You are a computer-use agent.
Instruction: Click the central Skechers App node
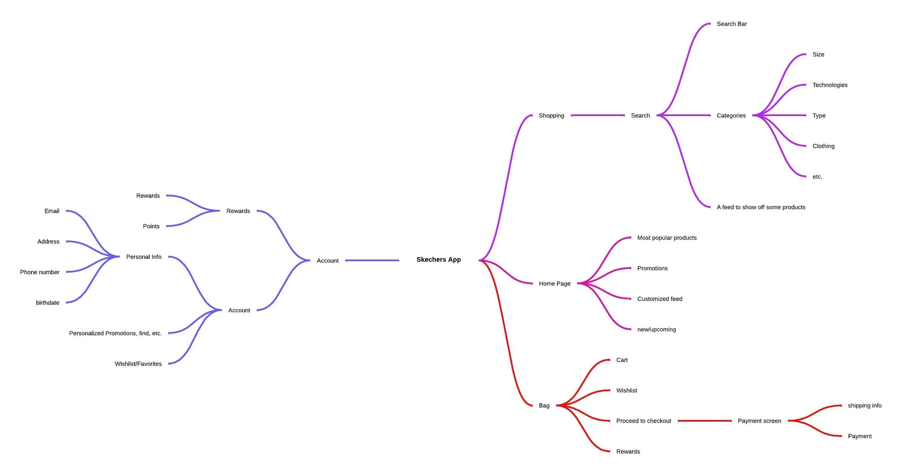(x=438, y=259)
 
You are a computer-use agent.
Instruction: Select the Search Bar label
(x=731, y=24)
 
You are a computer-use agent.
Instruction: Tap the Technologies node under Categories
(x=829, y=85)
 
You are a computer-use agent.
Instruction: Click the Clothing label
(x=823, y=146)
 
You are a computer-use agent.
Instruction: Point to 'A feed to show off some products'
(x=761, y=207)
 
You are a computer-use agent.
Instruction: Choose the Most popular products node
(x=666, y=238)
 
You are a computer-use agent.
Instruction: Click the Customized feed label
(x=659, y=299)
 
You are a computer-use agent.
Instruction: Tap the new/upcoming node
(x=656, y=329)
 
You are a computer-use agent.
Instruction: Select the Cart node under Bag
(x=622, y=360)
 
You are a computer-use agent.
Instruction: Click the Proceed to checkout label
(x=643, y=421)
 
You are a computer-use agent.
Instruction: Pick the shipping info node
(x=864, y=405)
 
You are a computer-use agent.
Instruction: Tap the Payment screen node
(x=759, y=421)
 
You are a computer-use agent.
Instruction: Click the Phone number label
(x=40, y=272)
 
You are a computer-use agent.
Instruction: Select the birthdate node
(x=48, y=303)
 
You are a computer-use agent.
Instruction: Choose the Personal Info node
(x=144, y=257)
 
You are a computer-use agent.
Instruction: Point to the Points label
(x=151, y=226)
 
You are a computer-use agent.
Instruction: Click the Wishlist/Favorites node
(x=138, y=364)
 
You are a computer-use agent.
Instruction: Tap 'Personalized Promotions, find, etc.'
(x=115, y=333)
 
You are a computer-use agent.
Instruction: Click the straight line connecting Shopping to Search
(x=597, y=115)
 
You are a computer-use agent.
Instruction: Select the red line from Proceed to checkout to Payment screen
(x=704, y=421)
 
